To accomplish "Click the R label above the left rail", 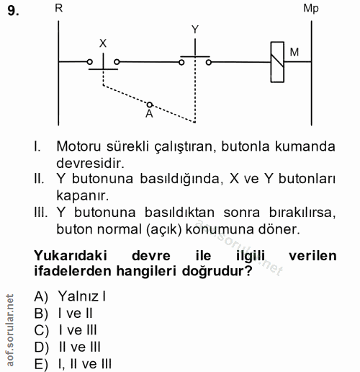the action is coord(58,8).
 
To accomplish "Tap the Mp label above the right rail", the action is coord(311,8).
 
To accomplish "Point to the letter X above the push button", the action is coord(103,43).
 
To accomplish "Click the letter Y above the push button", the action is coord(195,30).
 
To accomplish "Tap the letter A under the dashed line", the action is coord(148,114).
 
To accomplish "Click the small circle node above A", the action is coord(149,104).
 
